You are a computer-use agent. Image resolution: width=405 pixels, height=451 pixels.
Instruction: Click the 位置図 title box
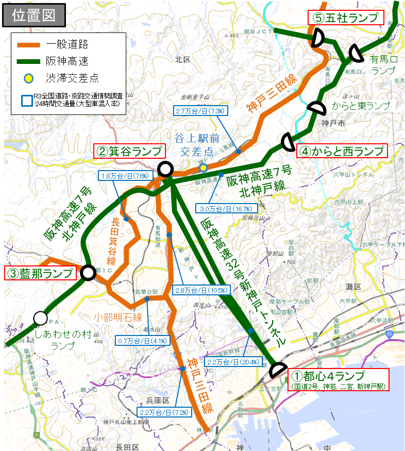(34, 15)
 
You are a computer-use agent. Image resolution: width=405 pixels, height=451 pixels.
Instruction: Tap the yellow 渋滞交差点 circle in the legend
(29, 78)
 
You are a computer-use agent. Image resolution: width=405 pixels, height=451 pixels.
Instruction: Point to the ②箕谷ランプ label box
(129, 151)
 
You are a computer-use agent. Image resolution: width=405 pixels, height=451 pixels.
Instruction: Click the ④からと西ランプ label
(342, 151)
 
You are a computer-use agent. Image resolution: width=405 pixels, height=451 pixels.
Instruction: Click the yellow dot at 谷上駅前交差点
(204, 167)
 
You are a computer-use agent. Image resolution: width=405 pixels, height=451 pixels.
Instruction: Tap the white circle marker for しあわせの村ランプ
(41, 318)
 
